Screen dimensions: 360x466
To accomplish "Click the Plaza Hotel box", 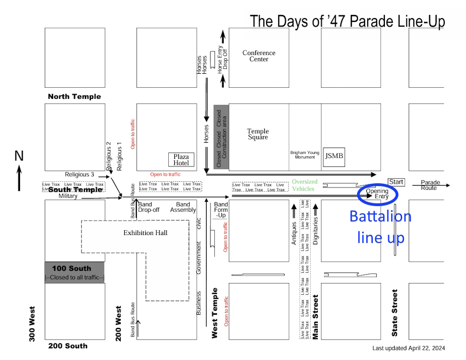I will [x=181, y=159].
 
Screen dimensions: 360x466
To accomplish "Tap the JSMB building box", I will [x=334, y=156].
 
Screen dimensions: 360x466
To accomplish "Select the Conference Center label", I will [x=259, y=56].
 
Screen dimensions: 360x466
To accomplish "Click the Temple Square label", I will [x=258, y=134].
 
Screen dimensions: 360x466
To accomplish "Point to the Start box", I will [x=396, y=182].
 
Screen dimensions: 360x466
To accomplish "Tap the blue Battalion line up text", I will [x=380, y=227].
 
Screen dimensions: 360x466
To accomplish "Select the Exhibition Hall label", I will [x=145, y=233].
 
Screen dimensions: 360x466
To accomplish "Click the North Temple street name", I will [x=74, y=97].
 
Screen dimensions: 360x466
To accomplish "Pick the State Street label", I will [x=395, y=313].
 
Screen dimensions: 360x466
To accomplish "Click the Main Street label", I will [x=315, y=317].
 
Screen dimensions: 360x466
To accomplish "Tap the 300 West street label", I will [x=33, y=324].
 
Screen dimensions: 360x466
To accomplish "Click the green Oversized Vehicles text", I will [x=305, y=185].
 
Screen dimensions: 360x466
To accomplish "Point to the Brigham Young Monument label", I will [x=305, y=155].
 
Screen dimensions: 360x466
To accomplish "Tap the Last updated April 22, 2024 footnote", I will [x=408, y=348].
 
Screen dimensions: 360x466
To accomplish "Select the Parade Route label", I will [x=429, y=185].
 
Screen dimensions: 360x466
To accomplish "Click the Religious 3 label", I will [x=79, y=174].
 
